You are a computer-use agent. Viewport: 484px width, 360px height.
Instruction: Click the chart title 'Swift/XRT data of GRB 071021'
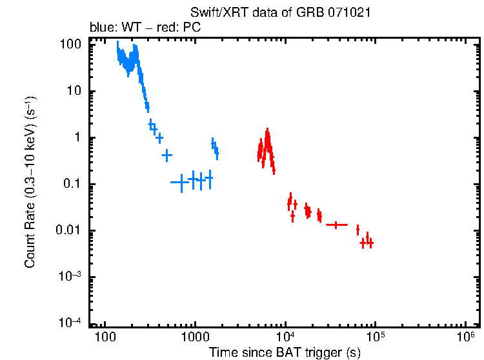pyautogui.click(x=280, y=13)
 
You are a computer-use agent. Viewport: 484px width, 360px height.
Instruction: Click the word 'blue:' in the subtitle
pyautogui.click(x=101, y=28)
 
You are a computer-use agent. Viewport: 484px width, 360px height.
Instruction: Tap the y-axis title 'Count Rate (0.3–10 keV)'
pyautogui.click(x=30, y=183)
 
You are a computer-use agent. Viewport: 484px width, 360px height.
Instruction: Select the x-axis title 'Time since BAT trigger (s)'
pyautogui.click(x=285, y=352)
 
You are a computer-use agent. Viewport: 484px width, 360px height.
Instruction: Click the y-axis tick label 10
pyautogui.click(x=74, y=91)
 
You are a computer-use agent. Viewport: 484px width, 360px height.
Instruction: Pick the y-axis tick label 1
pyautogui.click(x=77, y=137)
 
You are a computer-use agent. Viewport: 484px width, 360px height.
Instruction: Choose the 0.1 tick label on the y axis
pyautogui.click(x=72, y=184)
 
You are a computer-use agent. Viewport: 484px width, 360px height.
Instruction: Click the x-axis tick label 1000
pyautogui.click(x=194, y=337)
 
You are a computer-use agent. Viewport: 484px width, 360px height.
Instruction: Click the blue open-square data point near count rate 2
pyautogui.click(x=153, y=126)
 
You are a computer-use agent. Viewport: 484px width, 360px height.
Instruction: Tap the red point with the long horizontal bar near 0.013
pyautogui.click(x=337, y=225)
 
